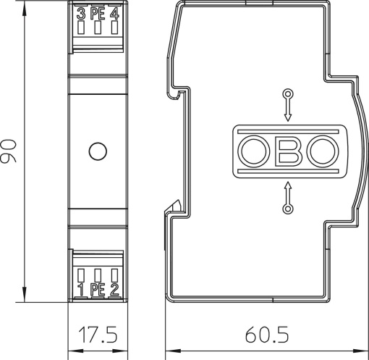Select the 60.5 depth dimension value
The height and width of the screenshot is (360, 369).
click(x=266, y=335)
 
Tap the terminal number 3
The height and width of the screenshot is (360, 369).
click(x=80, y=14)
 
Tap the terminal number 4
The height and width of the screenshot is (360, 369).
click(x=114, y=14)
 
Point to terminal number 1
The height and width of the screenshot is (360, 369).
click(x=80, y=290)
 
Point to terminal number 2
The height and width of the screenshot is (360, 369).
click(x=114, y=290)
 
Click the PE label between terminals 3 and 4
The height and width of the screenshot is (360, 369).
click(x=97, y=14)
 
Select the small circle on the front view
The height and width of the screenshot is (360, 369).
click(x=97, y=152)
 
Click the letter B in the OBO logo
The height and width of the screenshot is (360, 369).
click(x=287, y=152)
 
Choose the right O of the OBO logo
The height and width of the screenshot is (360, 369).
click(x=321, y=152)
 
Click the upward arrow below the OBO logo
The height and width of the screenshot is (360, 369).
click(x=287, y=193)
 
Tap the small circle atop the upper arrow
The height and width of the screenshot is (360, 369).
click(x=287, y=94)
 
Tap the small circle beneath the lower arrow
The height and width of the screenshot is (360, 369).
click(x=287, y=209)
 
